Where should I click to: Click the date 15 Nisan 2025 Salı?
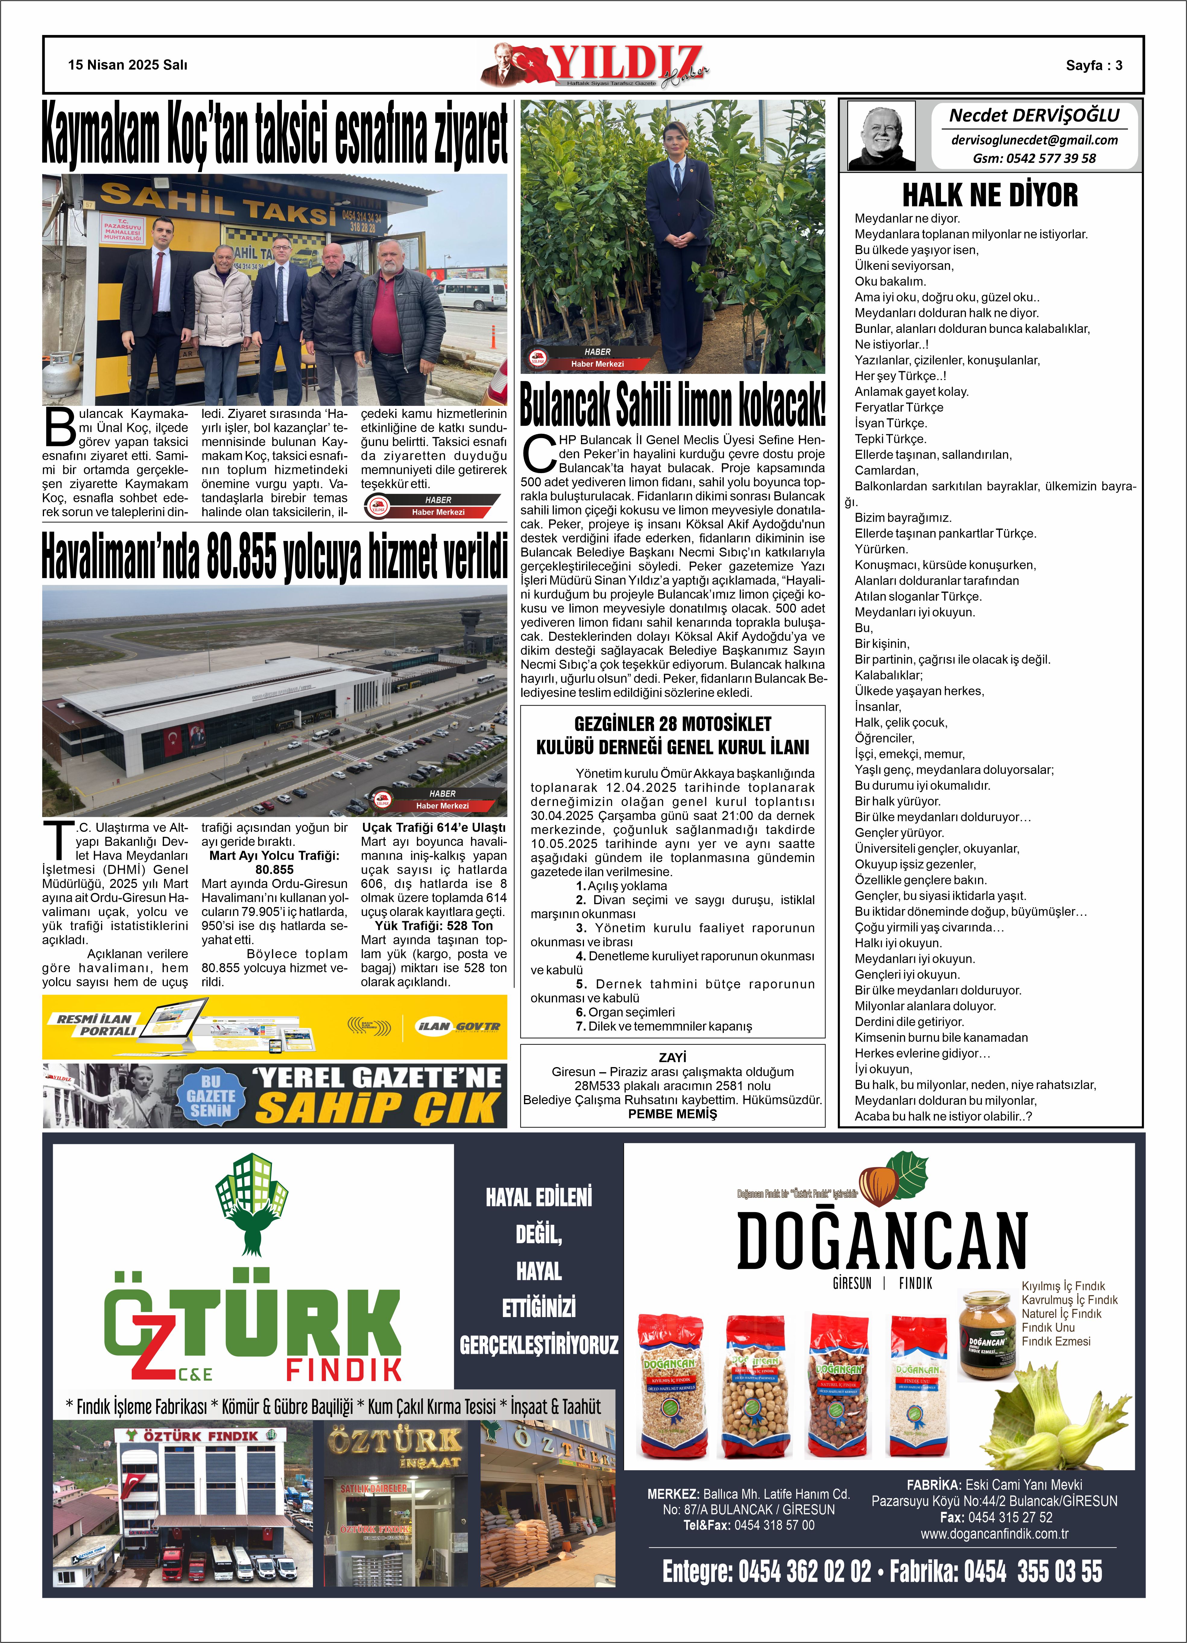[128, 65]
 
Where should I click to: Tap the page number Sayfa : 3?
[1094, 65]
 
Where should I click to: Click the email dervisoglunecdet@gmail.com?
[1034, 140]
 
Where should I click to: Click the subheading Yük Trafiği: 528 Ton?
[433, 926]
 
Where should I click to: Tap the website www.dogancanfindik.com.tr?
[994, 1534]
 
